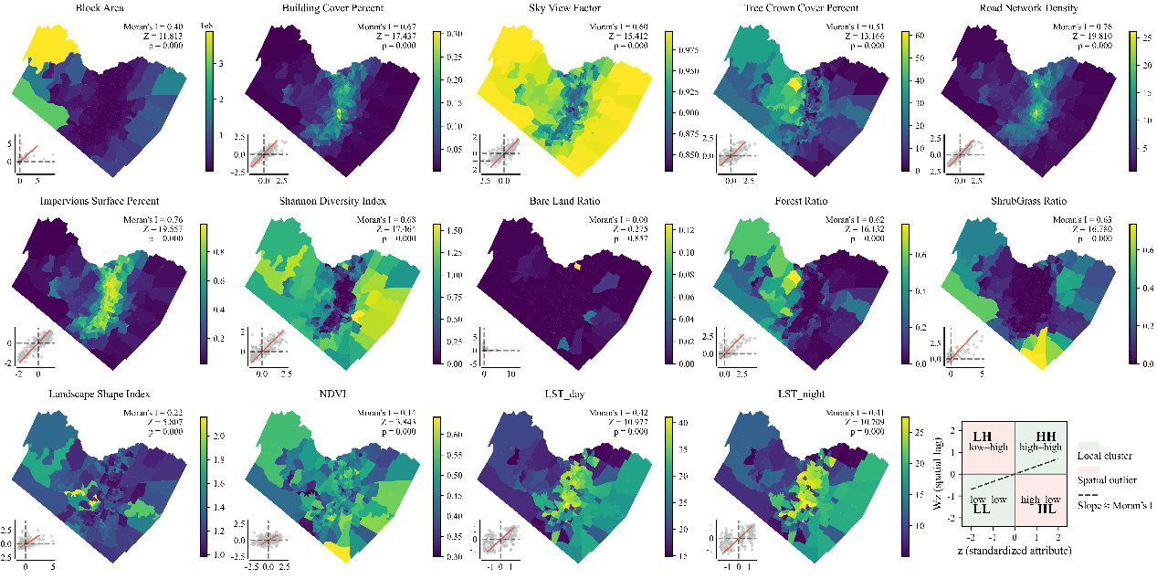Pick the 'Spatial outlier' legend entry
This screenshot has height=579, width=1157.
click(x=1108, y=479)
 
